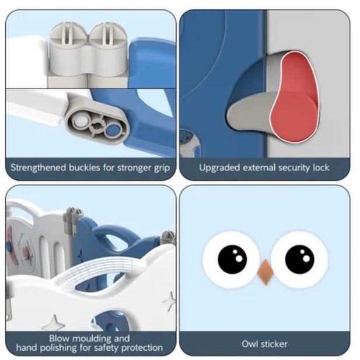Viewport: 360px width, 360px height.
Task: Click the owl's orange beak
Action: [265, 272]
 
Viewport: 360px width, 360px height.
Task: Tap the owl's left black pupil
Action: [232, 259]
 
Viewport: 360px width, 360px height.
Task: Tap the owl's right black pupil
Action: [299, 259]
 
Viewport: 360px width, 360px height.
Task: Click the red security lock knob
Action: [295, 97]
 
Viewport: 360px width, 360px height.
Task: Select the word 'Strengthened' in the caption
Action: [38, 167]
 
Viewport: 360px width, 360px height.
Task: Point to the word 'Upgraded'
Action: [219, 168]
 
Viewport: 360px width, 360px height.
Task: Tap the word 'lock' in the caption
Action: [321, 167]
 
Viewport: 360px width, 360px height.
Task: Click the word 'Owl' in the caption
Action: [249, 344]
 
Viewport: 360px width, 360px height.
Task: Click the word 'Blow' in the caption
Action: [60, 338]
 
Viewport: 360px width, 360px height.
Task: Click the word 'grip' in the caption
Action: [162, 168]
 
